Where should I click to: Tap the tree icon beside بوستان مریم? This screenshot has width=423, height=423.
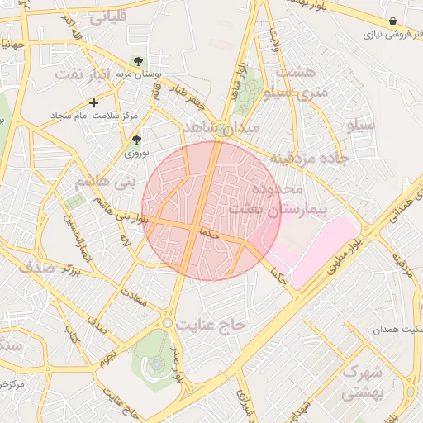pos(137,61)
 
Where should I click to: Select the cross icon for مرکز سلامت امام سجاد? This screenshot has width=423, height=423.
pos(93,103)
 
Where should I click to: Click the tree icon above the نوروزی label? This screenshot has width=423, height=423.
pos(136,140)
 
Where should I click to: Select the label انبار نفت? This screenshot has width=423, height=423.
pos(81,74)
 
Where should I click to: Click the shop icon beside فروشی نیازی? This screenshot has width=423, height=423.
pos(392,21)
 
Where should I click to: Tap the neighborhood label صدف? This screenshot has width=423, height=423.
pos(37,267)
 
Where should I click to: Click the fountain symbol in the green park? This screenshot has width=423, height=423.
pos(156,364)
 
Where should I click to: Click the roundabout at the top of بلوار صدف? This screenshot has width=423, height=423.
pos(168,323)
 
